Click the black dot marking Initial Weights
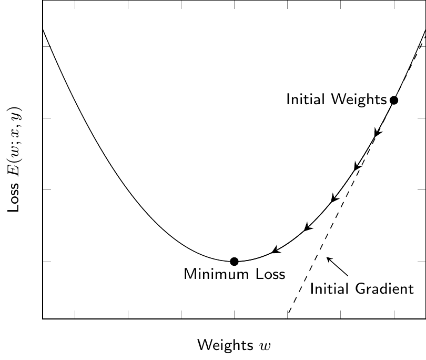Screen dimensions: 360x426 click(x=393, y=100)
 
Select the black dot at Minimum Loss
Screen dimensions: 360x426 click(x=235, y=261)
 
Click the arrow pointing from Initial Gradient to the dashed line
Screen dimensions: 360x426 click(x=338, y=266)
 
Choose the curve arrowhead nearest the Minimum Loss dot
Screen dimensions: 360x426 click(x=275, y=251)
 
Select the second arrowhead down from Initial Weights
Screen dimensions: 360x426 click(x=357, y=167)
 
